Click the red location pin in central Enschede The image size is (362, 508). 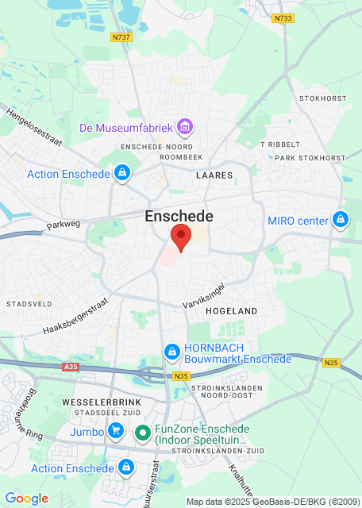pos(181,237)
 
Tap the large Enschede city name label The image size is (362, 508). pos(179,216)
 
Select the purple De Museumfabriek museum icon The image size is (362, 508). pos(186,127)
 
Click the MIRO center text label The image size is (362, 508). pos(298,220)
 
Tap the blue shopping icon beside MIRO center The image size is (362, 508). pos(341,219)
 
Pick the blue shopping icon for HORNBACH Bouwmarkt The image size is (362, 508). pos(171,352)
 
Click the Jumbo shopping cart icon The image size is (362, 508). pos(117,432)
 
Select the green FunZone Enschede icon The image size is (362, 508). pos(143,433)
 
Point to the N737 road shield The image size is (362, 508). pos(121,37)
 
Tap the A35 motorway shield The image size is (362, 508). pos(69,368)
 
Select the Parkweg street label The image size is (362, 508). pos(64,225)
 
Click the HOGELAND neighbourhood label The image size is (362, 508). pos(232,312)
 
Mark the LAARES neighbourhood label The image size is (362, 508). pos(214,175)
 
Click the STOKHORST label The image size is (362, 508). pos(322,98)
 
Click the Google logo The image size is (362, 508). pos(26,498)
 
